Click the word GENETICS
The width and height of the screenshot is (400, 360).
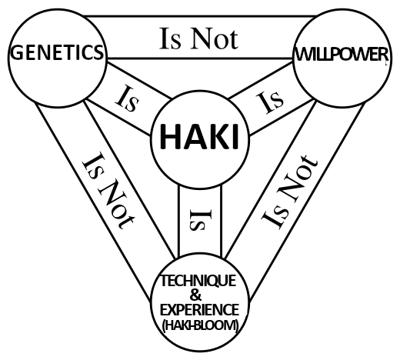[x=57, y=52]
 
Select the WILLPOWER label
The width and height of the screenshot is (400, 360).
[x=342, y=55]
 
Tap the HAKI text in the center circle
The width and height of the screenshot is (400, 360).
[x=199, y=136]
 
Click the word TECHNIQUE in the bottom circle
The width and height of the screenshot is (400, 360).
[x=198, y=281]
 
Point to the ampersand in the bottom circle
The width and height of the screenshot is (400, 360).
[x=196, y=295]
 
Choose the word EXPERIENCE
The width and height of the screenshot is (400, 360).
[x=199, y=310]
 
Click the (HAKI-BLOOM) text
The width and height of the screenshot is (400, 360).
[x=201, y=325]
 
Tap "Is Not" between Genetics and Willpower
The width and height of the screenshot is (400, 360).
[x=198, y=38]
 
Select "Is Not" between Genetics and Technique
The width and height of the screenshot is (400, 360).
[x=108, y=191]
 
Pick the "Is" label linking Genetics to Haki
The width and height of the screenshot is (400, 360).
[x=128, y=99]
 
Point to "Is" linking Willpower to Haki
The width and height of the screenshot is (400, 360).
[x=270, y=102]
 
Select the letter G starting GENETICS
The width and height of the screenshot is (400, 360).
[x=17, y=53]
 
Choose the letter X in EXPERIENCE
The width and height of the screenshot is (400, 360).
[x=173, y=310]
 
